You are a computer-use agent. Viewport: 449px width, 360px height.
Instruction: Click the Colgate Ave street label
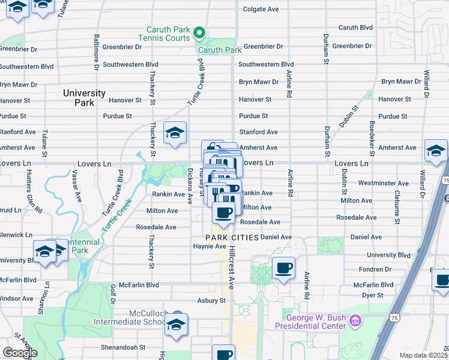261,10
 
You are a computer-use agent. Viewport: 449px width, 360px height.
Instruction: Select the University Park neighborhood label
85,98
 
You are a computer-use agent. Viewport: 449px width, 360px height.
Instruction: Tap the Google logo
20,353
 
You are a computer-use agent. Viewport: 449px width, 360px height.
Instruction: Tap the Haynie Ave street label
209,246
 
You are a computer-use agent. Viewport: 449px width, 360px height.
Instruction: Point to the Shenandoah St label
122,347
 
